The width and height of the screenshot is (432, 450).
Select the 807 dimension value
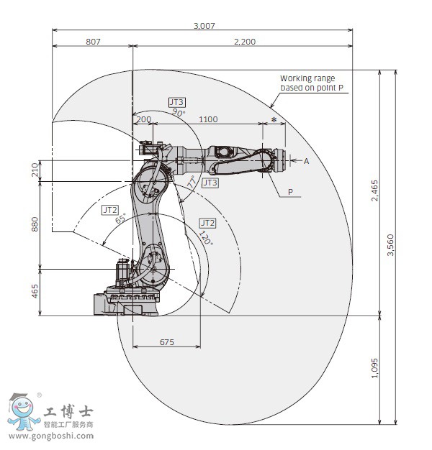point(93,42)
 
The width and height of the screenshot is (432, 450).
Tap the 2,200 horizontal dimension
point(245,42)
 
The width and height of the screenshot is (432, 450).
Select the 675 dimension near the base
point(166,343)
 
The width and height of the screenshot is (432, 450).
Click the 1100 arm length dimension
point(208,119)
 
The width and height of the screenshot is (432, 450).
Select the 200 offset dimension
point(144,119)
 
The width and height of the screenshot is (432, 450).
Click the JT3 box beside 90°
point(177,103)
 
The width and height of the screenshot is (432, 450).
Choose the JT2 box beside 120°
point(207,223)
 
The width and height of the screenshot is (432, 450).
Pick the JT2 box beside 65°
point(110,209)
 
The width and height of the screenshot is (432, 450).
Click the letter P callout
point(290,192)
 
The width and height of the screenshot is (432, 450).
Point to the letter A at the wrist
point(306,161)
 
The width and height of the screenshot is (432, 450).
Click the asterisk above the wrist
point(274,117)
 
